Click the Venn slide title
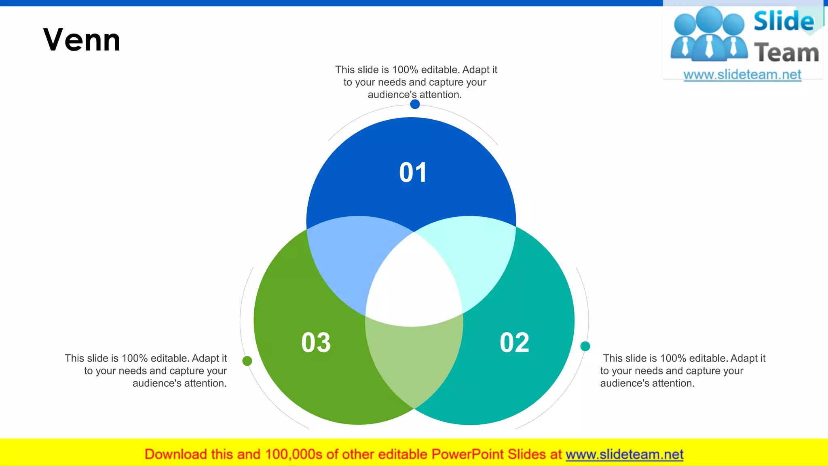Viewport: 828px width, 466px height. click(x=82, y=40)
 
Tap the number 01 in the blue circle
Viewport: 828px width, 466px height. click(x=413, y=173)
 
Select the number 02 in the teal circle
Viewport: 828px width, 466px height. click(x=514, y=343)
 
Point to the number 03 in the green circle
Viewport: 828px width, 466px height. click(x=316, y=343)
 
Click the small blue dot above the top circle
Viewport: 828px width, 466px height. click(x=415, y=104)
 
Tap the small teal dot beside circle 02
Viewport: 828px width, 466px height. click(x=585, y=346)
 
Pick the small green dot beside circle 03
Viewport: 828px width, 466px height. click(x=247, y=361)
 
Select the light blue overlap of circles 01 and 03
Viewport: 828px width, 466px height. click(x=348, y=259)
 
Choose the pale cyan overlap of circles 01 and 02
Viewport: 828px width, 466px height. click(x=479, y=259)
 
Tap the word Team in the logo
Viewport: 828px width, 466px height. click(x=786, y=53)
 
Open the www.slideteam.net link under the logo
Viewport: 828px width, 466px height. click(x=742, y=75)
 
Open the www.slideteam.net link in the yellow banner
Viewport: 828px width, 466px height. click(x=624, y=455)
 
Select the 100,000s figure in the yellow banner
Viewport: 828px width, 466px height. click(x=294, y=455)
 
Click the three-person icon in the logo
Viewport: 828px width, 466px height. click(x=709, y=34)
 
